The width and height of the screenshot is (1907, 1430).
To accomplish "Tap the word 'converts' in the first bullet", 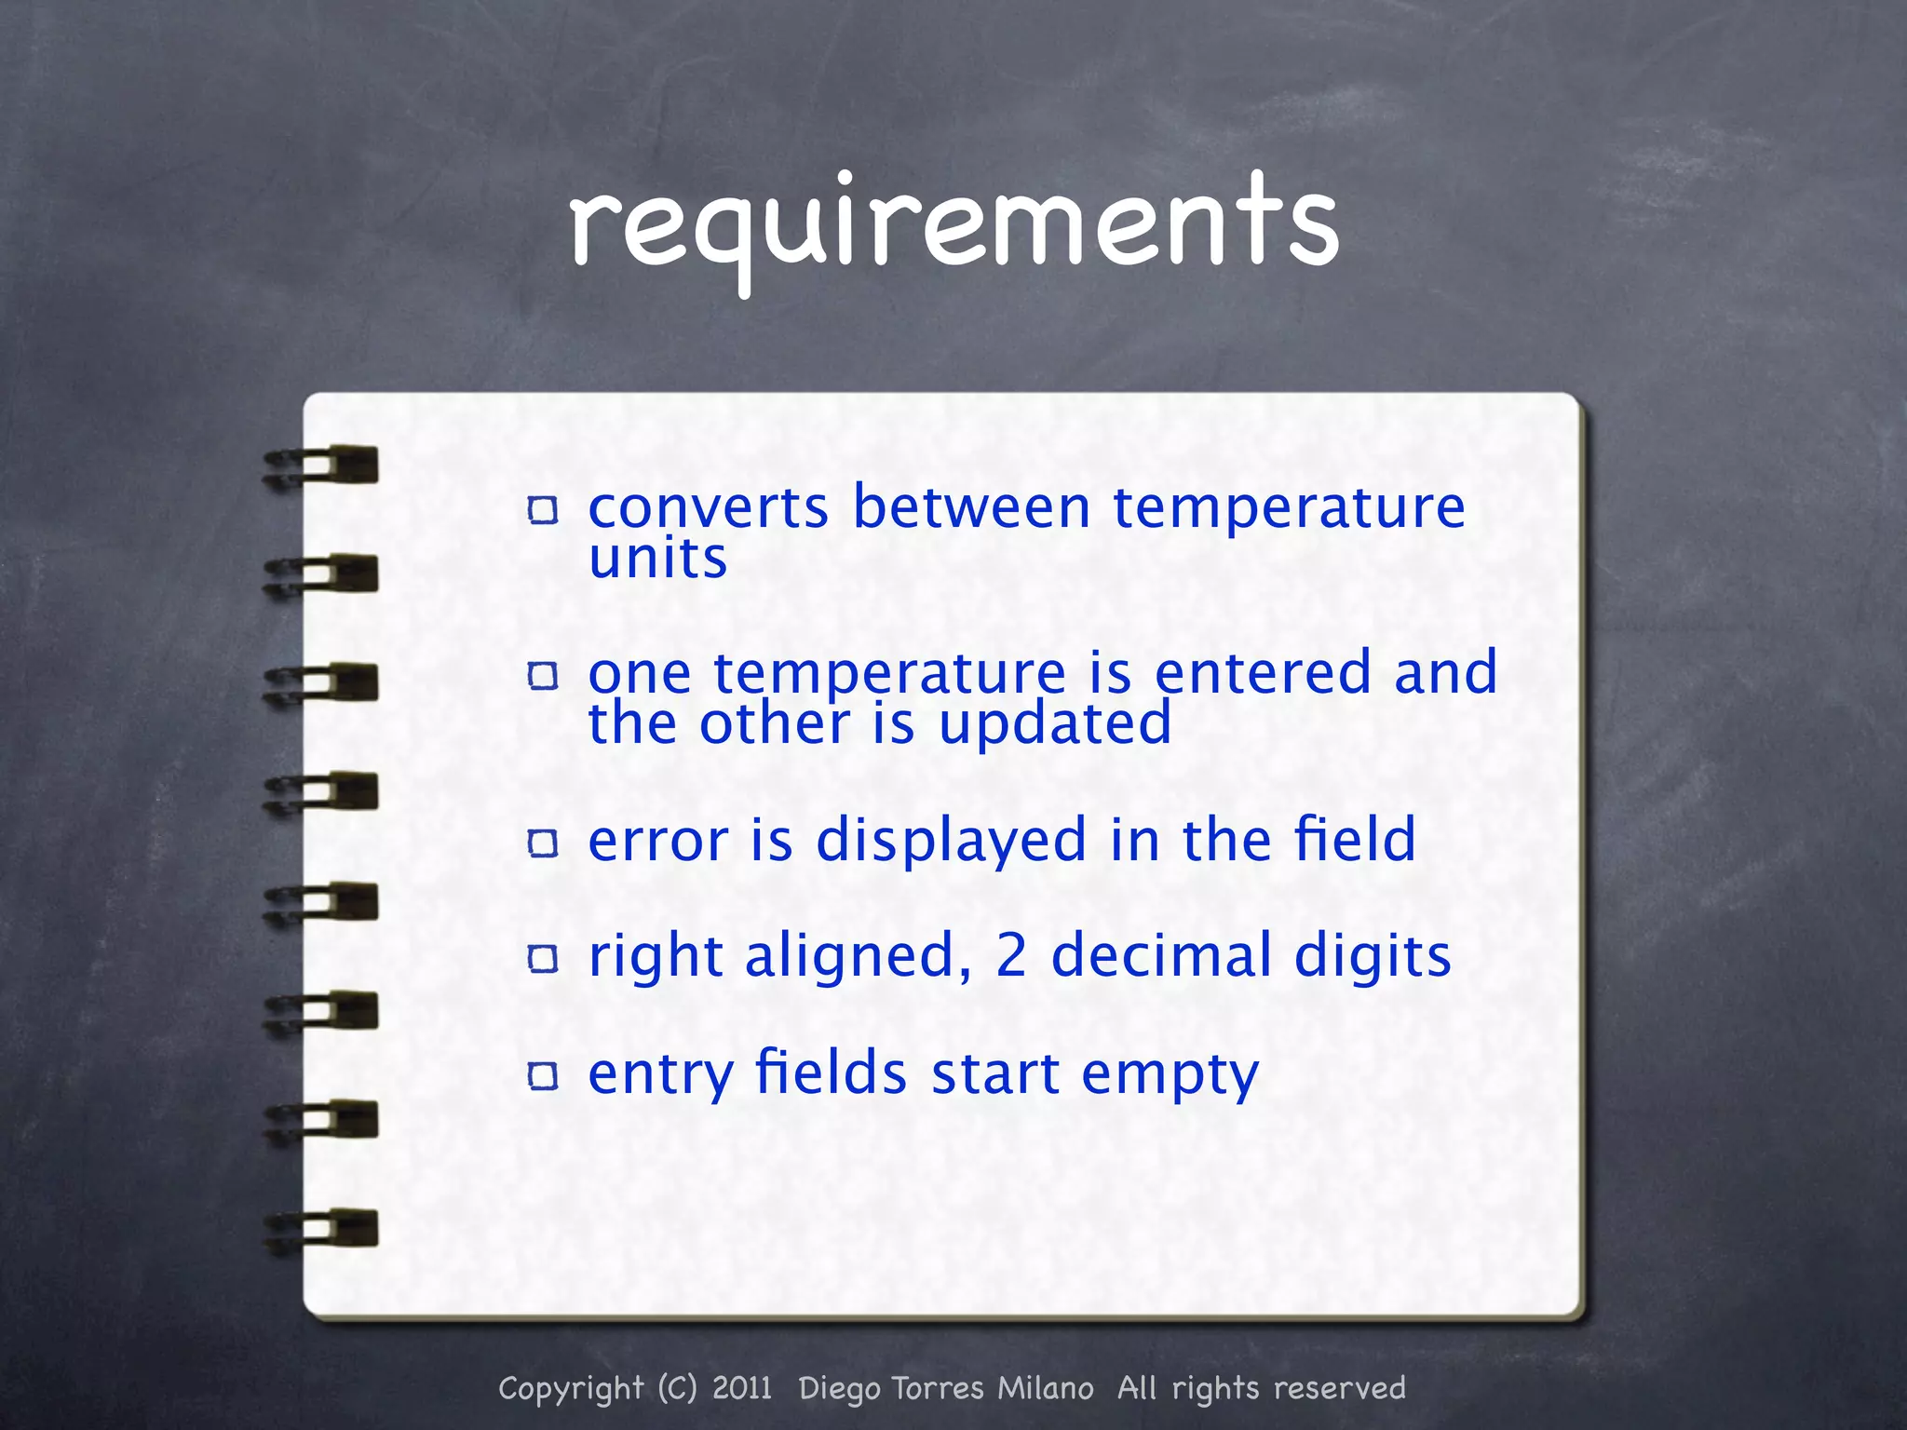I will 708,508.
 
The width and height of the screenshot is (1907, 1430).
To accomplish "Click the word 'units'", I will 657,559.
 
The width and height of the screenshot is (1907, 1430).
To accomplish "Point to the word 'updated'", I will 1054,724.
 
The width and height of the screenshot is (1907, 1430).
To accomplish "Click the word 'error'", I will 657,840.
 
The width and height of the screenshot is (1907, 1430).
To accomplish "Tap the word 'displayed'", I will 951,842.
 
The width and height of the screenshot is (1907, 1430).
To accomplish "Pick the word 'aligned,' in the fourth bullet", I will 858,957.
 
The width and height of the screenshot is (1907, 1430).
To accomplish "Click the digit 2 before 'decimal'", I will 1011,956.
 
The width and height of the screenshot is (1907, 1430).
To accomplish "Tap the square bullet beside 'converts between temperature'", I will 543,509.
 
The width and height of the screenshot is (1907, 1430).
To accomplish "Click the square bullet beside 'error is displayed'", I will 543,843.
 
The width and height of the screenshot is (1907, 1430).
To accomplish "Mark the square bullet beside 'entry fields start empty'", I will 543,1076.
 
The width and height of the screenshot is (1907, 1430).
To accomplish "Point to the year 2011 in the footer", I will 742,1388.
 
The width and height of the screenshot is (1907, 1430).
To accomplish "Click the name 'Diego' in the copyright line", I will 839,1389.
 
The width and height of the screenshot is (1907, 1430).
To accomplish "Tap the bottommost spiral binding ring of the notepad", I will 321,1229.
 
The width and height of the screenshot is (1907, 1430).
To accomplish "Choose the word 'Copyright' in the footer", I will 571,1389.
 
